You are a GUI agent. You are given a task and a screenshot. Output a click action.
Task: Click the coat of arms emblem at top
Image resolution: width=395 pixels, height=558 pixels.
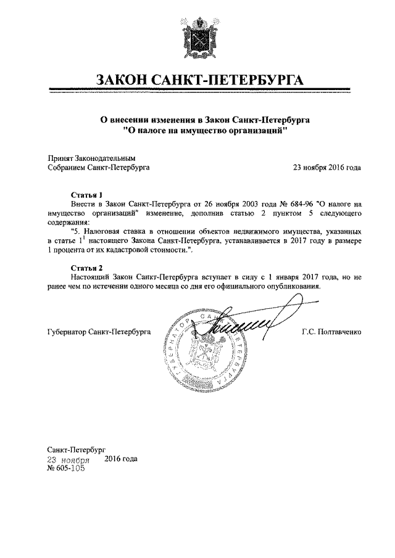[197, 35]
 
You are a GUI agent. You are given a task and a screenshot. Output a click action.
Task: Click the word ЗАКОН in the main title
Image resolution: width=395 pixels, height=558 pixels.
[127, 80]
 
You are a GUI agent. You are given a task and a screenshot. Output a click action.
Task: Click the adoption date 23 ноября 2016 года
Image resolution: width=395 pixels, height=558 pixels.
[326, 166]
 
